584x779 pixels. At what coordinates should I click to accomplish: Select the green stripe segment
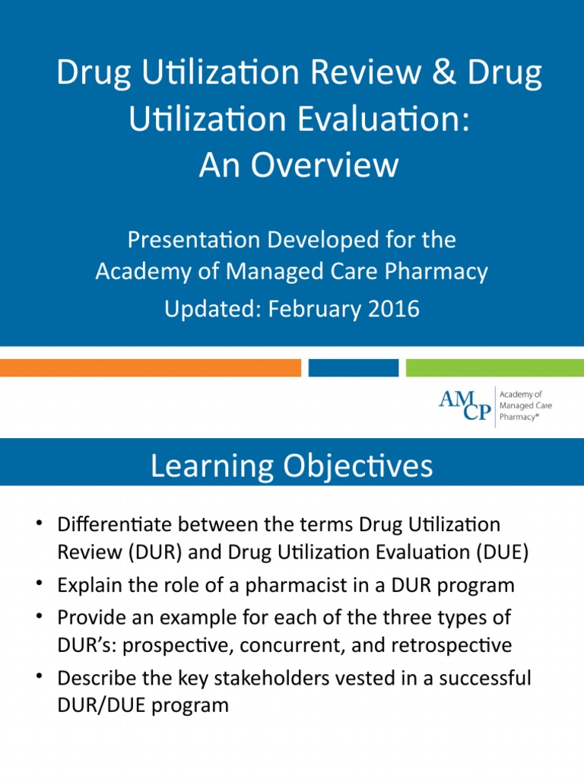[x=494, y=368]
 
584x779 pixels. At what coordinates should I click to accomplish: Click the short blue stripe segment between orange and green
[x=353, y=368]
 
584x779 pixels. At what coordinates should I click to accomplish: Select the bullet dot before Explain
[x=39, y=585]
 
